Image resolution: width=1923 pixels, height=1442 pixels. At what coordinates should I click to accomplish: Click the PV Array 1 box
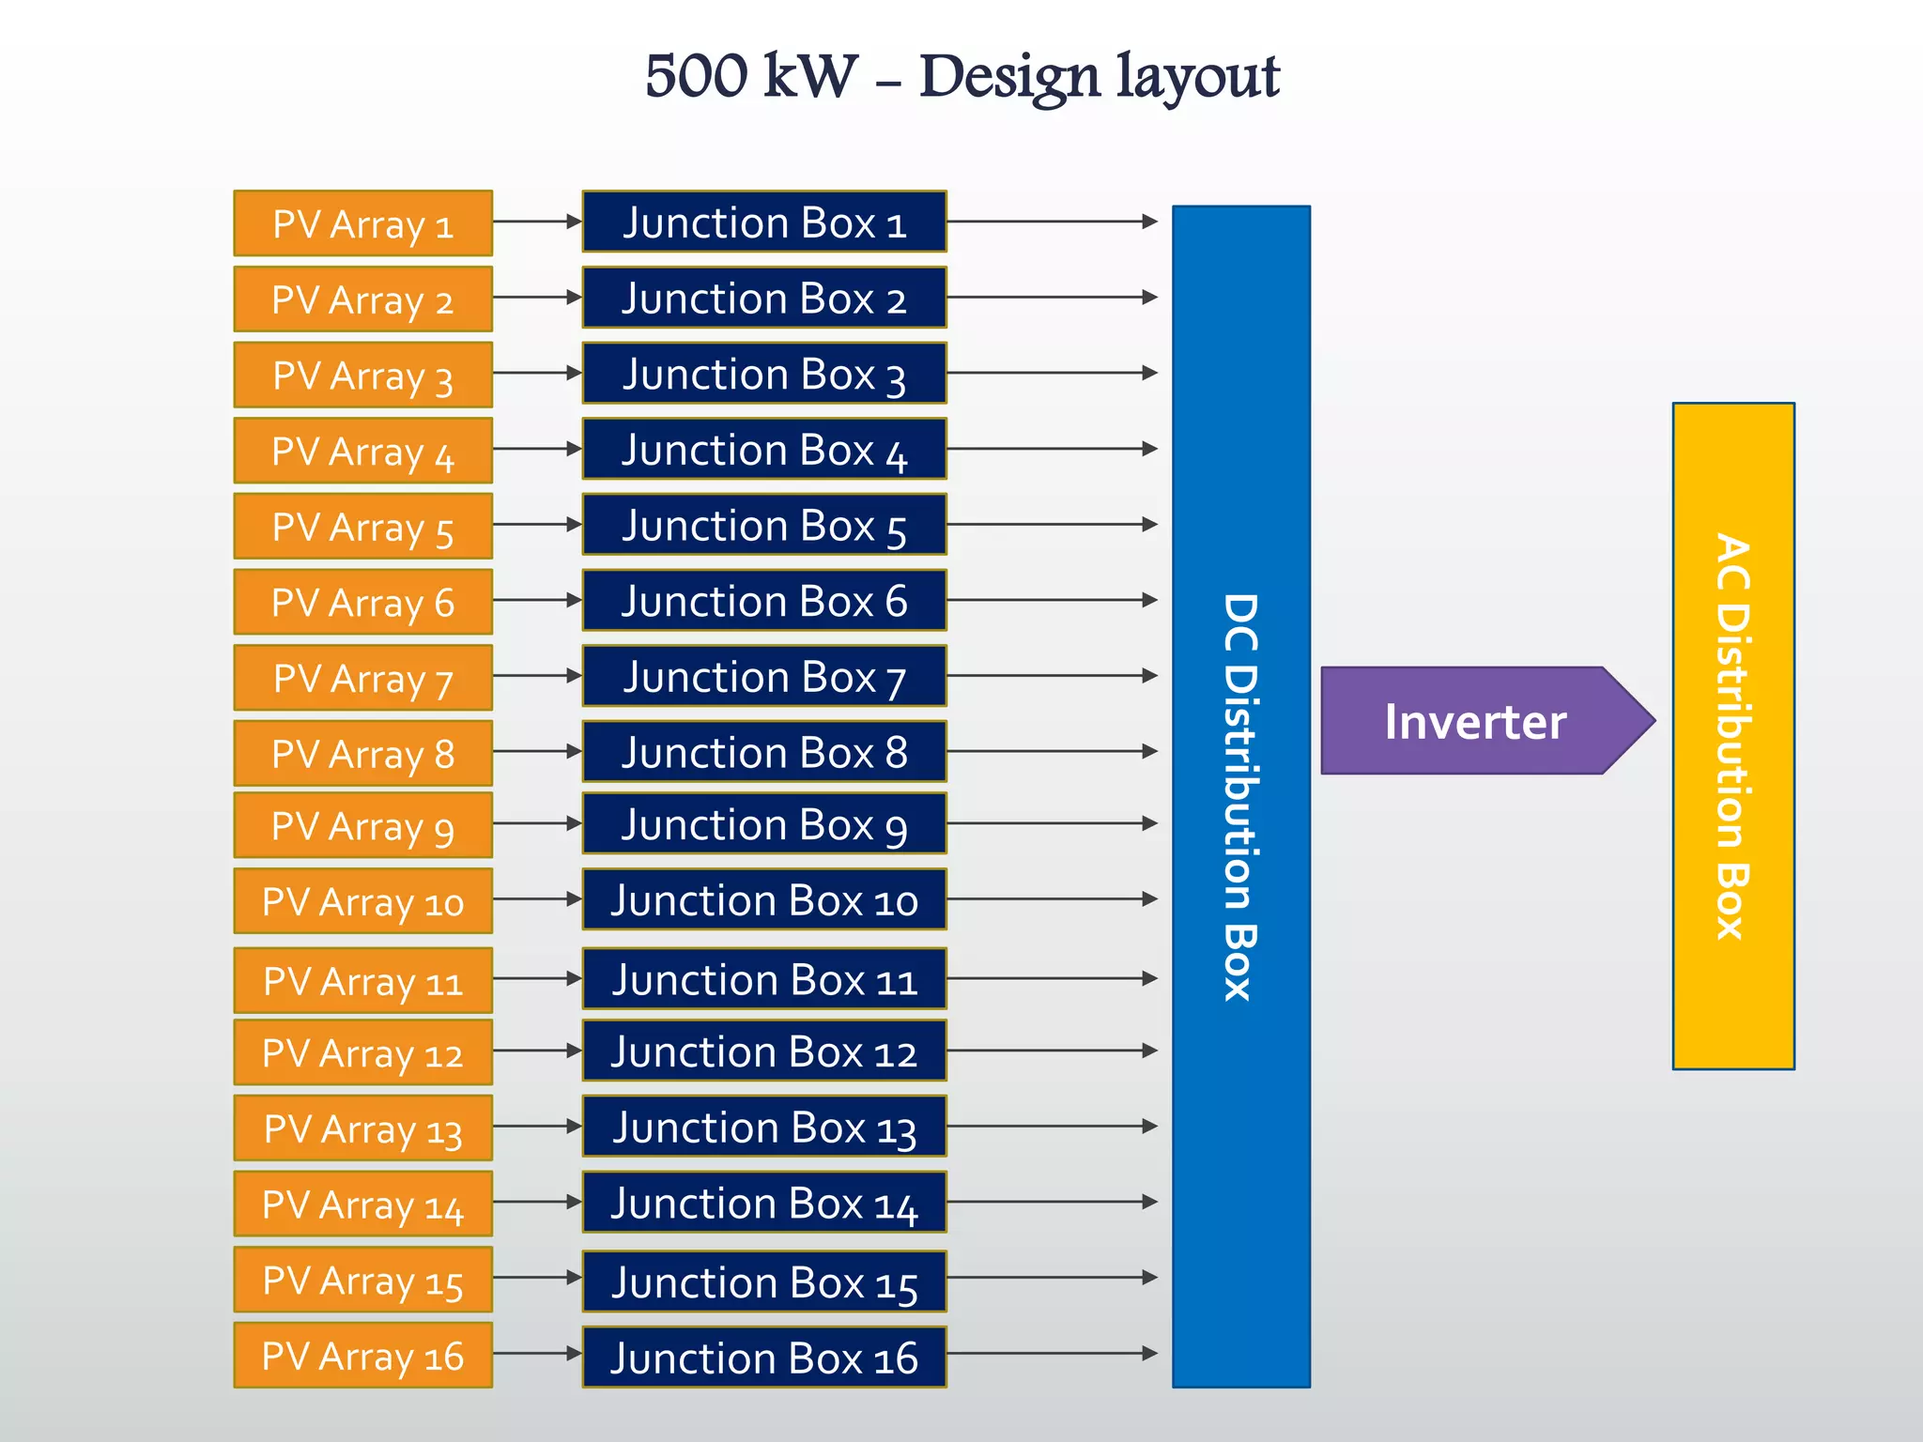tap(362, 223)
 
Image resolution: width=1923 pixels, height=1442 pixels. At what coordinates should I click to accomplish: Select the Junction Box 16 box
tap(763, 1357)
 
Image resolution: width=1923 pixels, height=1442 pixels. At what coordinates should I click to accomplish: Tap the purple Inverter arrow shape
tap(1474, 721)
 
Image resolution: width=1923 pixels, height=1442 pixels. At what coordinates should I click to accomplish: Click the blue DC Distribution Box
tap(1240, 796)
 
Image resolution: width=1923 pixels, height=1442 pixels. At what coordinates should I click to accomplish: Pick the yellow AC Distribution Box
tap(1732, 736)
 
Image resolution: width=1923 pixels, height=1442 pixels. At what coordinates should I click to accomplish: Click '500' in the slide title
tap(696, 76)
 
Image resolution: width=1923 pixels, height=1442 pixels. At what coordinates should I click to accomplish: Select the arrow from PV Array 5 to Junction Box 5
tap(536, 524)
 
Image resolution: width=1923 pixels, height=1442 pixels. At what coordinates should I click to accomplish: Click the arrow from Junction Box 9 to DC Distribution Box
tap(1052, 823)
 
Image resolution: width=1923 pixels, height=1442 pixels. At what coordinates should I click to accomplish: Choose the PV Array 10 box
tap(362, 901)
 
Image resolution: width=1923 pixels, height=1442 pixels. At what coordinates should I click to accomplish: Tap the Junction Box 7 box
tap(763, 676)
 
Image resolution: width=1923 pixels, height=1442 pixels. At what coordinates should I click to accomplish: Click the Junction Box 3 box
tap(763, 373)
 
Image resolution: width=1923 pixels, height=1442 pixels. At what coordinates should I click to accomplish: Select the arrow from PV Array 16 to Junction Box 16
tap(536, 1353)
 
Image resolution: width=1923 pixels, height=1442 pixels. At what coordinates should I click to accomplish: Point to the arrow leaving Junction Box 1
tap(1052, 222)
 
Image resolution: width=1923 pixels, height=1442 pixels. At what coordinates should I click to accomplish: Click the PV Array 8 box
tap(362, 753)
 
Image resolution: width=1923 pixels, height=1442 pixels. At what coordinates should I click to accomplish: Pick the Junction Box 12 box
tap(763, 1051)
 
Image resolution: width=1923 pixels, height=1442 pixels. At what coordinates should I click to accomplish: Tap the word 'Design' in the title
tap(1008, 76)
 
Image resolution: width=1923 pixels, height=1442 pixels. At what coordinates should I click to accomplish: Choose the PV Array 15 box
tap(362, 1280)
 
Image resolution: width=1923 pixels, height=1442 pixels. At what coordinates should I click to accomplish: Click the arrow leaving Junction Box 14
tap(1052, 1202)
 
